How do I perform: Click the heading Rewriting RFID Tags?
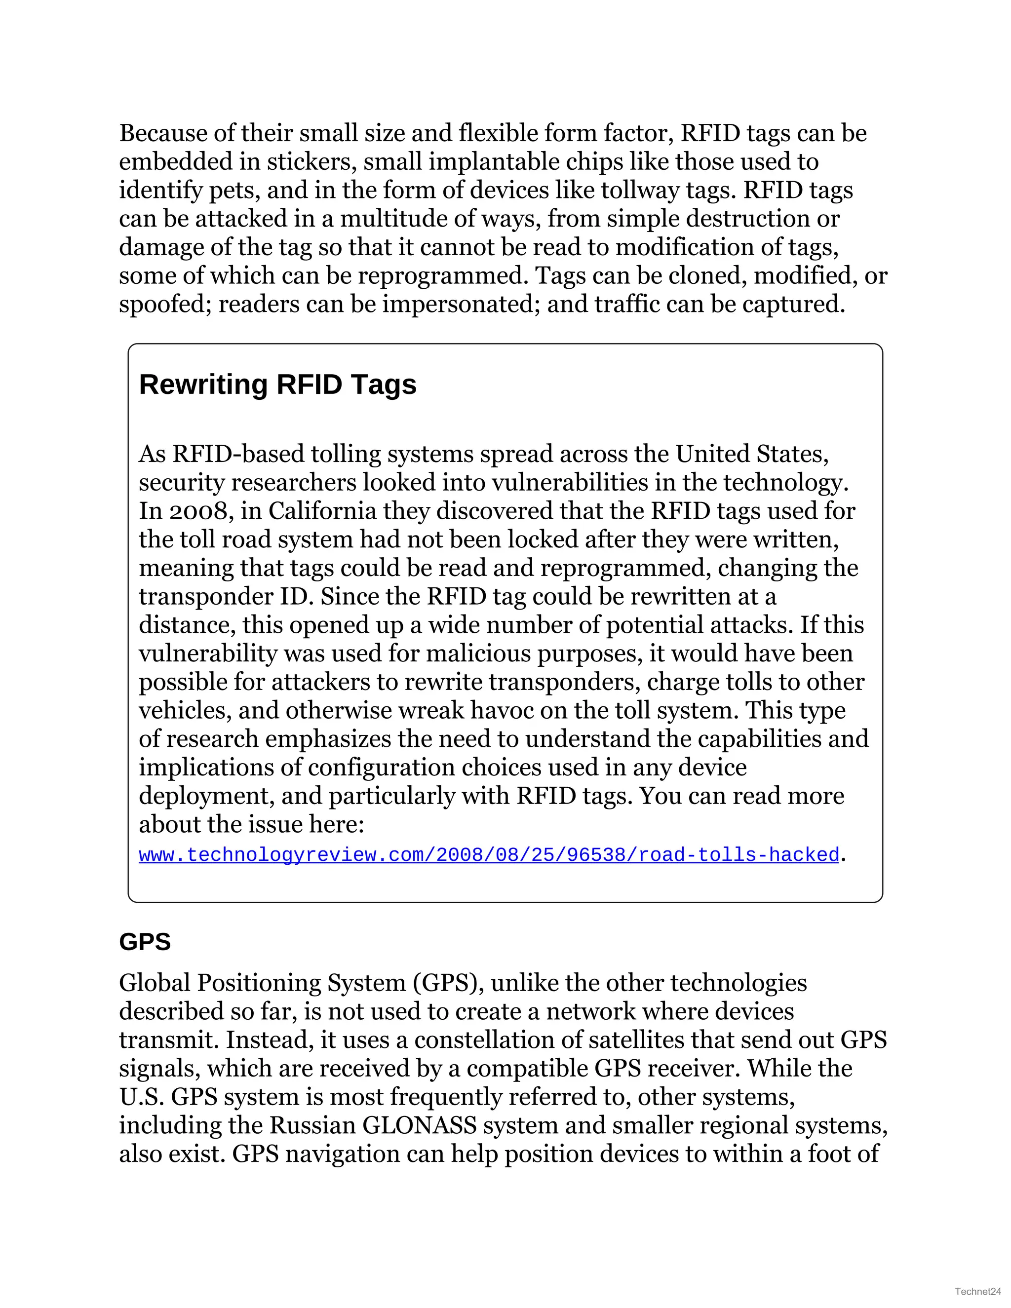(x=277, y=385)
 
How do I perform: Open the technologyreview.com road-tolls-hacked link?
(x=488, y=854)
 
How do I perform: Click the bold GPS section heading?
(x=145, y=941)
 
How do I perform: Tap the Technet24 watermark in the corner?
(x=978, y=1291)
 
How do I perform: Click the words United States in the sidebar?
(x=752, y=454)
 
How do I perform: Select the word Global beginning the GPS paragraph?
(x=155, y=983)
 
